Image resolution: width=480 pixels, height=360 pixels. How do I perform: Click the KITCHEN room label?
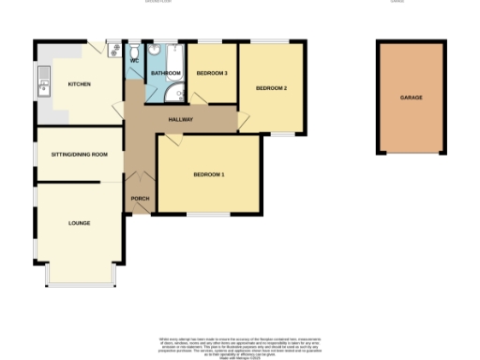click(x=79, y=85)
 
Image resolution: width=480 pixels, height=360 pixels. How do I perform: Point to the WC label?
click(x=134, y=61)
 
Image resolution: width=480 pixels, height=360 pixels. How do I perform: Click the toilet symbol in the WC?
click(x=134, y=51)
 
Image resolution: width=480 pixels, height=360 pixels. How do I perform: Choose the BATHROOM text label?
click(x=166, y=72)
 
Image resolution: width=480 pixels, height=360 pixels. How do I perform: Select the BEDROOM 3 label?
click(x=212, y=72)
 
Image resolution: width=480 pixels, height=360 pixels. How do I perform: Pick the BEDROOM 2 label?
click(x=271, y=88)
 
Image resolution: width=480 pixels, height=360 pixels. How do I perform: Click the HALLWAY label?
click(x=180, y=119)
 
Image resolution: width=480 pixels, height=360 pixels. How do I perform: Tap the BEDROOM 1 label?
click(x=209, y=174)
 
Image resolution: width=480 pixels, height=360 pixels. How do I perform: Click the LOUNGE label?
click(x=79, y=223)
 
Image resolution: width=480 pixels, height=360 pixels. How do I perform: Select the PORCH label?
click(x=140, y=199)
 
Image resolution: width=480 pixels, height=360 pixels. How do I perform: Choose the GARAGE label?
click(x=411, y=97)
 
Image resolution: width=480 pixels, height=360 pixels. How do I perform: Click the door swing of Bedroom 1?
click(x=172, y=142)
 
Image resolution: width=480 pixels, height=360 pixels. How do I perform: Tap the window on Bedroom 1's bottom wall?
click(x=208, y=215)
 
